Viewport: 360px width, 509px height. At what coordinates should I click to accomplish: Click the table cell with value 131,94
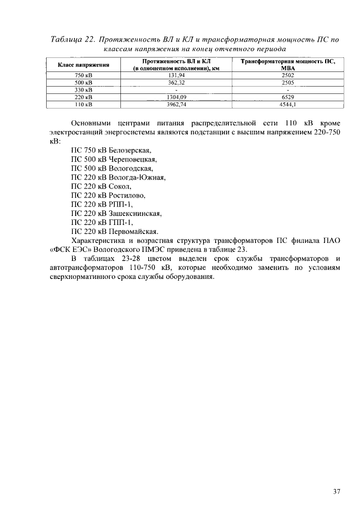[176, 75]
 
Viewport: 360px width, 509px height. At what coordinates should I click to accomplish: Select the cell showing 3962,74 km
[176, 105]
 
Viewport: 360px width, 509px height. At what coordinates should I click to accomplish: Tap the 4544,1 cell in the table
[287, 105]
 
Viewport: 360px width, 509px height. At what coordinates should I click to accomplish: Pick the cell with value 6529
[288, 97]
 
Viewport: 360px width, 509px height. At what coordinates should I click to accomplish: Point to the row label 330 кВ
[83, 90]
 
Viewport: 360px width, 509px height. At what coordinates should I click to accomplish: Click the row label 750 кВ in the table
[83, 75]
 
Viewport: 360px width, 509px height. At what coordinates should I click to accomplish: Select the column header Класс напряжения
[83, 65]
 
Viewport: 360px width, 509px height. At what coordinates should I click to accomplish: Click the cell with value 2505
[288, 82]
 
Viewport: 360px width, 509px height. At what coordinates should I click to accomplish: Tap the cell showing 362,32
[176, 82]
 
